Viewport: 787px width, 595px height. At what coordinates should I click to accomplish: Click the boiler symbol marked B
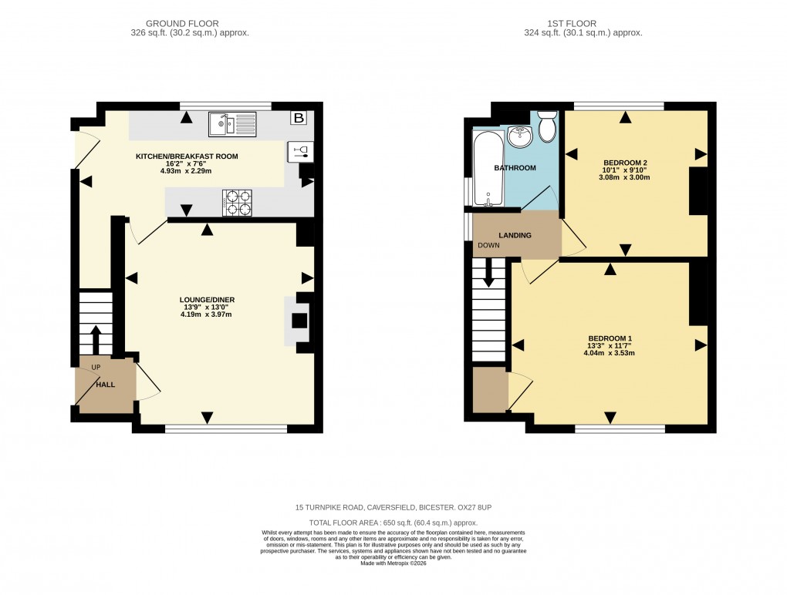click(297, 118)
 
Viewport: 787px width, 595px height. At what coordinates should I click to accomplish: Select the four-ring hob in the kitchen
click(238, 202)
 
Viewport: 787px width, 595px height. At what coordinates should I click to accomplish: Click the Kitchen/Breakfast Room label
click(187, 156)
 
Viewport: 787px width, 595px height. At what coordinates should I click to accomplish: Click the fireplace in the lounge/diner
click(298, 321)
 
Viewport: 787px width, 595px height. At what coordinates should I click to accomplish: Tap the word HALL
click(106, 383)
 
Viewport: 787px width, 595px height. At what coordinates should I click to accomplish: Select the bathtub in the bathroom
click(488, 170)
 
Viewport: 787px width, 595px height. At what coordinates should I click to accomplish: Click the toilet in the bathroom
click(548, 126)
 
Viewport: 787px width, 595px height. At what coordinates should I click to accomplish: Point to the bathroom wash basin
click(521, 137)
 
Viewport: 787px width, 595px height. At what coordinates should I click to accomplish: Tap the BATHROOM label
click(515, 168)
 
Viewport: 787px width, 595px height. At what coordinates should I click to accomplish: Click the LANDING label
click(515, 235)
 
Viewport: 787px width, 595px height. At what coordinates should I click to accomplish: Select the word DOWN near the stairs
click(488, 246)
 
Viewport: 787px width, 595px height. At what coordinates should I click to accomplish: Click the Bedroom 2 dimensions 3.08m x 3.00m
click(626, 177)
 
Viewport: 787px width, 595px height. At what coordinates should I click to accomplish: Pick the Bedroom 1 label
click(610, 338)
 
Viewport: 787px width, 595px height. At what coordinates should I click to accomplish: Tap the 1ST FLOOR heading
click(583, 24)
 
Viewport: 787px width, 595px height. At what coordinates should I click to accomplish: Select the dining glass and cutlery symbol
click(300, 151)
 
